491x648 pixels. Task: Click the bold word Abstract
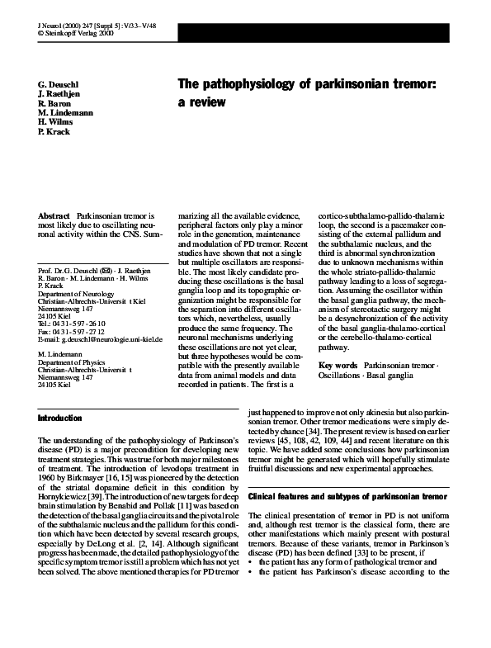[x=54, y=215]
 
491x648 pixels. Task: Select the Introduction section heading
[x=60, y=419]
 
